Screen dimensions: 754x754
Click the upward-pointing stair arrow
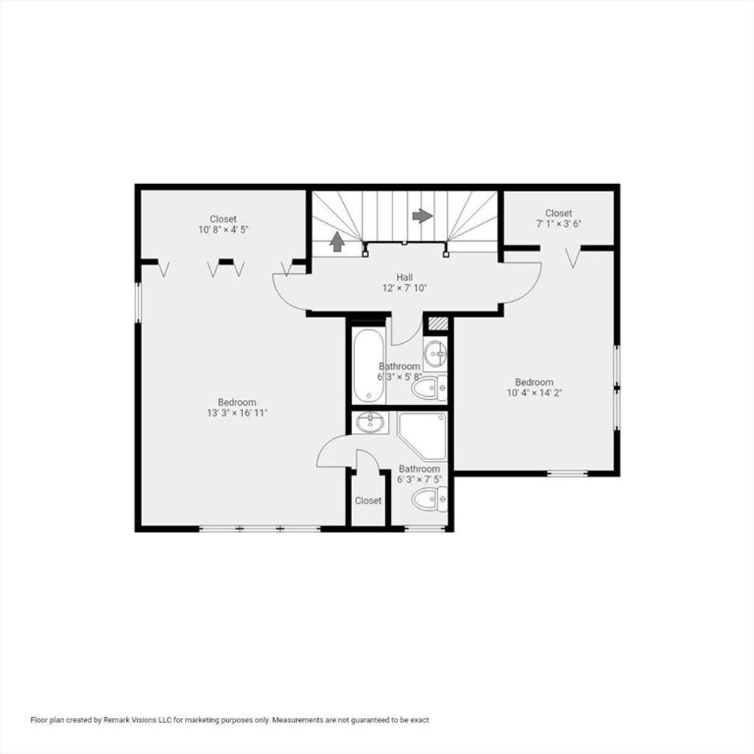coord(337,242)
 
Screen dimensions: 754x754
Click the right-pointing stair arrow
coord(423,216)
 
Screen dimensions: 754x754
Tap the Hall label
coord(404,277)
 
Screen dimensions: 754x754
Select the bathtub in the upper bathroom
coord(368,366)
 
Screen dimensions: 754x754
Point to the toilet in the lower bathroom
coord(429,499)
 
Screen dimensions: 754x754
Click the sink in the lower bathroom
coord(370,422)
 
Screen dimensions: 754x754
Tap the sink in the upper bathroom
coord(435,354)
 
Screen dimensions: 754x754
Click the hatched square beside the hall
coord(438,323)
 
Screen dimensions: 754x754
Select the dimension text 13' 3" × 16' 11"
coord(237,412)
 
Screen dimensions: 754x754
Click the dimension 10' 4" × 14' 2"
coord(535,393)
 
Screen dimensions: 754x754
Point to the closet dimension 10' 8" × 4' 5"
coord(223,230)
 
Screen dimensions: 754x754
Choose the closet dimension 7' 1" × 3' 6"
coord(559,224)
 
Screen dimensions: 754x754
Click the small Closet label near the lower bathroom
coord(368,501)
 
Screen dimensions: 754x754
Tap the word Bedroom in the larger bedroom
coord(237,402)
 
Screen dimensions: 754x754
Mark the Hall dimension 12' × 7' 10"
coord(404,288)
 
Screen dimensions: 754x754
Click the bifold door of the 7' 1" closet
coord(573,257)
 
